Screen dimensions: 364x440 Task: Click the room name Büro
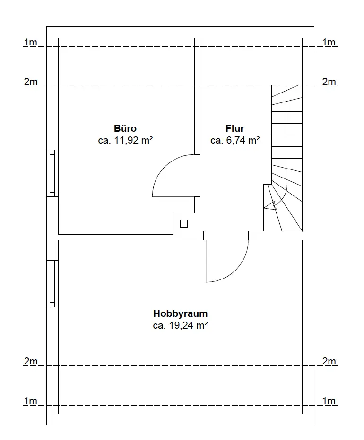tap(125, 128)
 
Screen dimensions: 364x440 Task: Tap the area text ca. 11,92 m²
tap(125, 140)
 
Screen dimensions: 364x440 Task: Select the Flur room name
tap(234, 128)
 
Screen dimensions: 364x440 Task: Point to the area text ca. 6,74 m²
tap(235, 140)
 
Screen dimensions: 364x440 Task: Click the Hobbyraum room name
tap(181, 313)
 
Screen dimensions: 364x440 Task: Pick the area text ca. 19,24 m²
tap(181, 325)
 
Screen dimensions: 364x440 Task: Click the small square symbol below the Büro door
tap(184, 224)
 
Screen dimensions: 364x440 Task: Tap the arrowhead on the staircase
tap(271, 206)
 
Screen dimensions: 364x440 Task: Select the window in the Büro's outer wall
tap(52, 173)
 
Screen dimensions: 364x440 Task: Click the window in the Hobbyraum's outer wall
tap(52, 284)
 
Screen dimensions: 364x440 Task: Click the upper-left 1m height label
tap(30, 42)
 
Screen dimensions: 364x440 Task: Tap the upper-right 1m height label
tap(329, 42)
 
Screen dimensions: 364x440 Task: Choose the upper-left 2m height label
tap(30, 82)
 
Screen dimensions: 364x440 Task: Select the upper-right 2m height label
tap(329, 82)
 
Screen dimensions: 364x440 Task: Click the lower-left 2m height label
tap(30, 361)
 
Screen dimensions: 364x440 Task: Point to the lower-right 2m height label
tap(329, 361)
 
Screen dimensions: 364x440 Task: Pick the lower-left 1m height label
tap(30, 401)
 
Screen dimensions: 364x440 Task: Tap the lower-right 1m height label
tap(329, 401)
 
